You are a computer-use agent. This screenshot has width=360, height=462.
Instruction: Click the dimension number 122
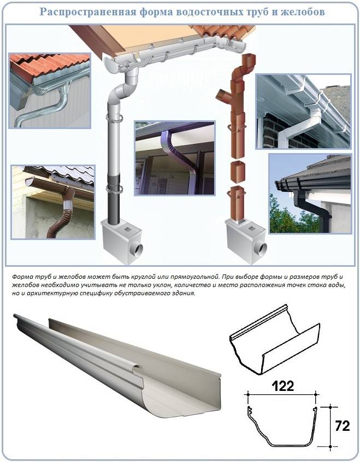282,386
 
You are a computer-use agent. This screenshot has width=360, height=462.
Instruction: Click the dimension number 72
343,426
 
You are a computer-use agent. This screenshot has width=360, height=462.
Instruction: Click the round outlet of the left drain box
137,250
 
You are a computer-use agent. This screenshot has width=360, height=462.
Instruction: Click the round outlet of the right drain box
261,249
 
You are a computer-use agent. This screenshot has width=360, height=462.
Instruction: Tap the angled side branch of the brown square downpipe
225,96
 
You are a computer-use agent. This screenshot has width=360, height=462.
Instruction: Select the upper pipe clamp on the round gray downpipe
114,119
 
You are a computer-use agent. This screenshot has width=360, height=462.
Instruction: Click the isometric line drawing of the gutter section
274,339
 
